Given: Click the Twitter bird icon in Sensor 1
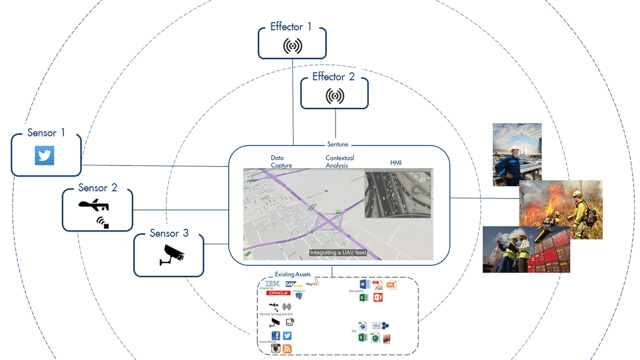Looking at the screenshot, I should pyautogui.click(x=44, y=155).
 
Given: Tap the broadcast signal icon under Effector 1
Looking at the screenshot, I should pyautogui.click(x=292, y=46).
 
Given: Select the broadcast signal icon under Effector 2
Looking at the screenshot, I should pyautogui.click(x=334, y=96).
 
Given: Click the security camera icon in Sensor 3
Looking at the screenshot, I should pyautogui.click(x=172, y=254).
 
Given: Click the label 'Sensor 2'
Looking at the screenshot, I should pyautogui.click(x=98, y=188).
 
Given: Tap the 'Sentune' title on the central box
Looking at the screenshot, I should pyautogui.click(x=337, y=145).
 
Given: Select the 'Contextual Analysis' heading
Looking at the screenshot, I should pyautogui.click(x=340, y=162).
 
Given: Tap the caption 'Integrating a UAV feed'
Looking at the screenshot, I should pyautogui.click(x=338, y=252).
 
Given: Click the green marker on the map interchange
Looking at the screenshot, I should pyautogui.click(x=338, y=212).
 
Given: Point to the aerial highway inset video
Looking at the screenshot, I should pyautogui.click(x=398, y=194).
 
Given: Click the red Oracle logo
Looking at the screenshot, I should pyautogui.click(x=278, y=293).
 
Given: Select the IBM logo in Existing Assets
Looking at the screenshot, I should pyautogui.click(x=273, y=284).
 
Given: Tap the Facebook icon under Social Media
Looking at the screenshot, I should pyautogui.click(x=276, y=335).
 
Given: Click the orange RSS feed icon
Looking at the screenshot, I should pyautogui.click(x=287, y=349).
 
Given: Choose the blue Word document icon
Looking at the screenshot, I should pyautogui.click(x=364, y=284).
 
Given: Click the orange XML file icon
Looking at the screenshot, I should pyautogui.click(x=391, y=285).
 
